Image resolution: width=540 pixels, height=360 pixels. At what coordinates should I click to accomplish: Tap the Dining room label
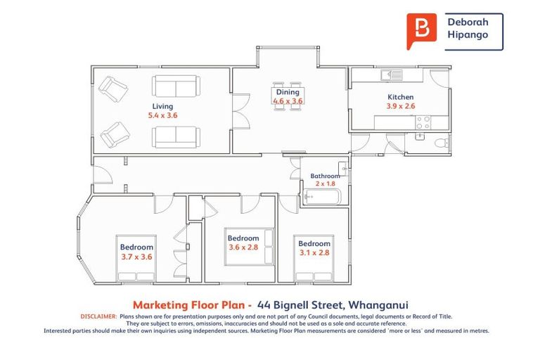pyautogui.click(x=288, y=92)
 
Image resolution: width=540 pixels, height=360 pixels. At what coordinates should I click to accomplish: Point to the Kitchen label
pyautogui.click(x=401, y=97)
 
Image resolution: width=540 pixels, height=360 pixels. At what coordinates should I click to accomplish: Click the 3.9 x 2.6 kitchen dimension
pyautogui.click(x=401, y=106)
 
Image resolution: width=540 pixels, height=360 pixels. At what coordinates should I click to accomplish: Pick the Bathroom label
pyautogui.click(x=325, y=176)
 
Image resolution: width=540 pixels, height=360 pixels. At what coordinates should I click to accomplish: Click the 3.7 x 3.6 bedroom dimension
pyautogui.click(x=136, y=257)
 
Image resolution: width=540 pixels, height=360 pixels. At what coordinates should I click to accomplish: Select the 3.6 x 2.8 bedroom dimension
pyautogui.click(x=243, y=247)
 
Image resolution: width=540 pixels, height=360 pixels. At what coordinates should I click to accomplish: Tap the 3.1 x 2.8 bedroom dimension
pyautogui.click(x=314, y=252)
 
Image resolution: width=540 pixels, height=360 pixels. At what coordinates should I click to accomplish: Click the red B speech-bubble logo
pyautogui.click(x=421, y=30)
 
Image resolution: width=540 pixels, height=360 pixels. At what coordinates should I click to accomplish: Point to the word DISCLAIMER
pyautogui.click(x=98, y=316)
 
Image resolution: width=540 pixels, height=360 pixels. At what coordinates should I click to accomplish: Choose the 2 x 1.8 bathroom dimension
pyautogui.click(x=326, y=184)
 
